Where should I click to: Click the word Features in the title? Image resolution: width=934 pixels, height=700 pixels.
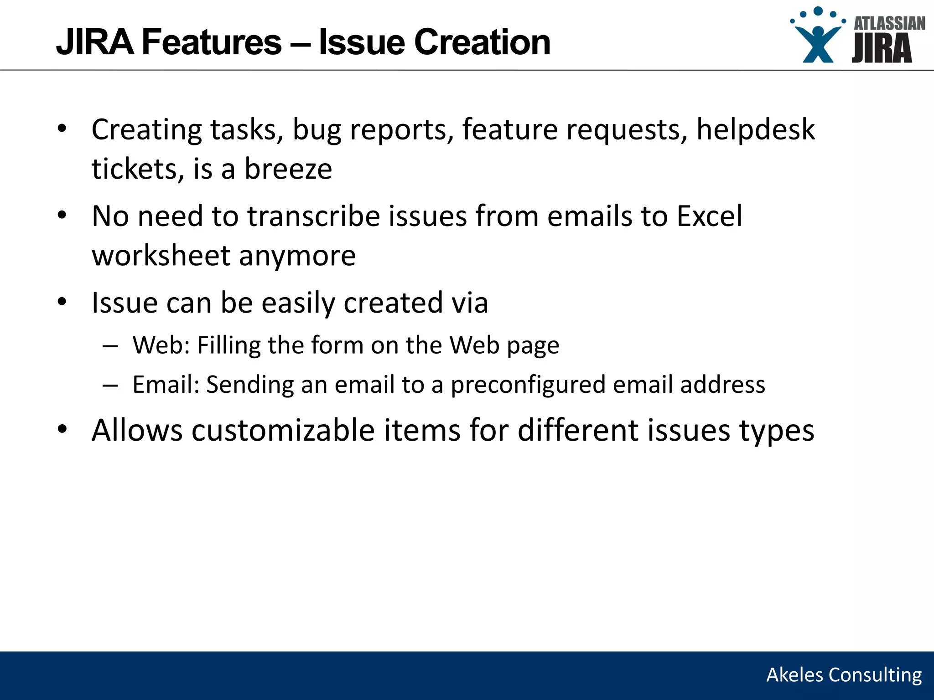coord(212,42)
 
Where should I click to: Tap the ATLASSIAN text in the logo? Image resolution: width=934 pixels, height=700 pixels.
coord(889,23)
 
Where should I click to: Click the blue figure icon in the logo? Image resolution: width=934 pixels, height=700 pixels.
coord(818,41)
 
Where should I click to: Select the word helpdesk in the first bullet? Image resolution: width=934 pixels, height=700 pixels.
coord(755,130)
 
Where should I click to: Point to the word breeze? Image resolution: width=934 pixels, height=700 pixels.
coord(288,169)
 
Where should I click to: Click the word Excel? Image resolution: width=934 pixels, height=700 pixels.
coord(709,216)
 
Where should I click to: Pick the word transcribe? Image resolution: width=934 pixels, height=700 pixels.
coord(313,216)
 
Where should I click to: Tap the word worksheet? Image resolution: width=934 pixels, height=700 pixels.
coord(161,256)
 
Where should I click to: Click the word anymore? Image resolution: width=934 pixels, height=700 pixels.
coord(297,256)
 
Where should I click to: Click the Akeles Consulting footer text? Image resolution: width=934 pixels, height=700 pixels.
coord(844,675)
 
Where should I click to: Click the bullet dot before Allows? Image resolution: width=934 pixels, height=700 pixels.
coord(62,429)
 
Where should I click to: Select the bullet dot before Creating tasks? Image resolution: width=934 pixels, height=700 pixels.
coord(62,129)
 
